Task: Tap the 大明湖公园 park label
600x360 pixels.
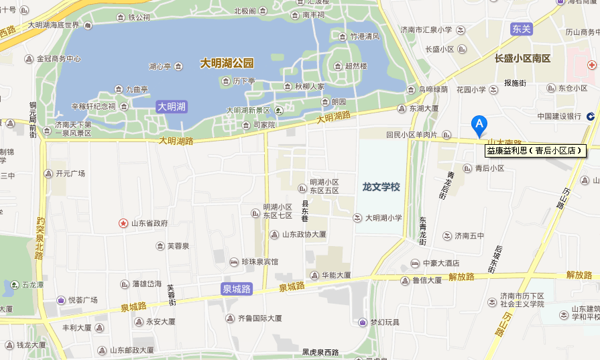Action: (227, 64)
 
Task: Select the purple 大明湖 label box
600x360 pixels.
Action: (172, 106)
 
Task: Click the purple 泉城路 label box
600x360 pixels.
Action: (237, 289)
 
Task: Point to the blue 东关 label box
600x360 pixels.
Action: (521, 29)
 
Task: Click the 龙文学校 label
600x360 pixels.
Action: (381, 187)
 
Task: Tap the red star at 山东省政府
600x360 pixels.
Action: (123, 223)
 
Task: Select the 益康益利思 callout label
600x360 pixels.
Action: (534, 151)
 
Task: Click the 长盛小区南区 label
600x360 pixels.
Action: (522, 59)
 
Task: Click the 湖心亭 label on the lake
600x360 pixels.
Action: (161, 66)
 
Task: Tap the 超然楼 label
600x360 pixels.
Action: (355, 66)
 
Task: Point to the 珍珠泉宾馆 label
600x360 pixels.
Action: (259, 261)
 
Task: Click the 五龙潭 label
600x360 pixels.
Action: (32, 285)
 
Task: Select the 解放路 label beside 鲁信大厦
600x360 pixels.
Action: (461, 276)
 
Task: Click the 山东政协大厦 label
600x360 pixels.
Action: (304, 235)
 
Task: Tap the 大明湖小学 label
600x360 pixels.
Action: (383, 218)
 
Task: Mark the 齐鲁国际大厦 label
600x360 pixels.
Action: (258, 318)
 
